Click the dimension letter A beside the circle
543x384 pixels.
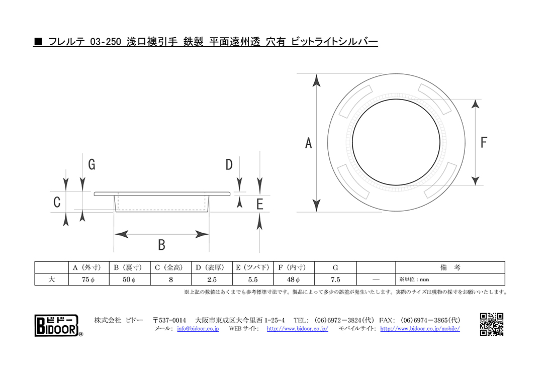(308, 143)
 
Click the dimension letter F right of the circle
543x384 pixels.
(484, 142)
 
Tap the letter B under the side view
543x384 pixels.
(161, 245)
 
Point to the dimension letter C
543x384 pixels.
(57, 202)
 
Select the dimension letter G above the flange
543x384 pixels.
(92, 164)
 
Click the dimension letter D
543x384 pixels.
(229, 165)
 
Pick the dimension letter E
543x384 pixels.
(260, 204)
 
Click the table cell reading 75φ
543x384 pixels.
(88, 279)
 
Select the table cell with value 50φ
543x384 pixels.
(130, 279)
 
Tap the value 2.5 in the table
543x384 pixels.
(212, 279)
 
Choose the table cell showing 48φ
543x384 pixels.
(294, 279)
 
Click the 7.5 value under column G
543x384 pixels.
(335, 279)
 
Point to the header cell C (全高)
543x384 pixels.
(171, 268)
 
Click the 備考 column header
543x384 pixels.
(450, 268)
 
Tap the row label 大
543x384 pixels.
(52, 279)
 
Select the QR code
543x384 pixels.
(492, 325)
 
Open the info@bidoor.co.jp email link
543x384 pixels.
(198, 329)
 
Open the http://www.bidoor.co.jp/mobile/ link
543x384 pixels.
(420, 329)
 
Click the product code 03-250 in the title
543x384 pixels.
(106, 42)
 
